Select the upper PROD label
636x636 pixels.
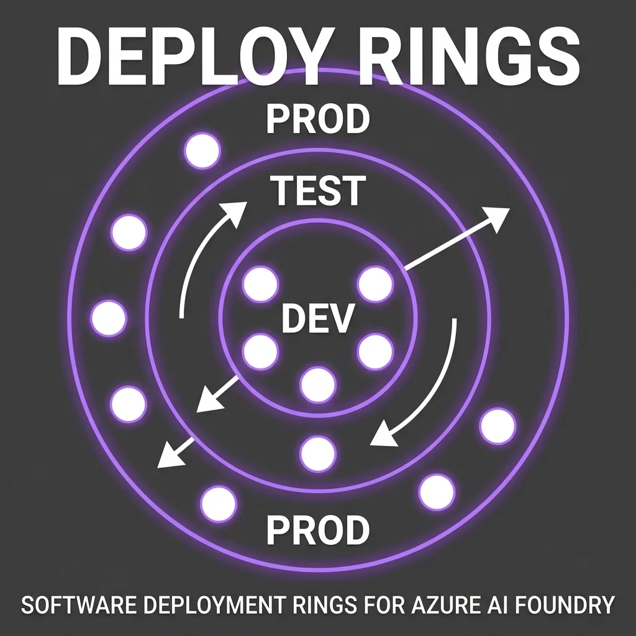coord(317,119)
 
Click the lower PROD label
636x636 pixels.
coord(317,530)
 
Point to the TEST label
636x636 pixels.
coord(318,191)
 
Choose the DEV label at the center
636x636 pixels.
coord(317,319)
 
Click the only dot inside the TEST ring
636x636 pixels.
coord(318,454)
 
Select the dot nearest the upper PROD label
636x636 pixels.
coord(202,150)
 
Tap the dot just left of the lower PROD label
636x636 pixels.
coord(219,504)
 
